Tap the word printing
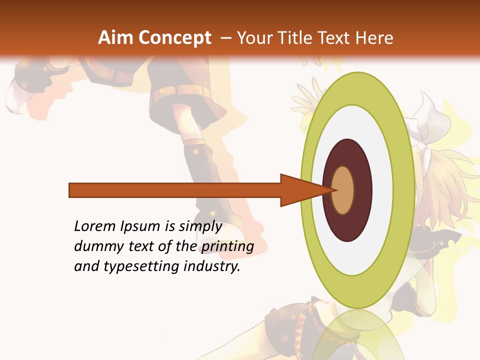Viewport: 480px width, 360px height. click(227, 246)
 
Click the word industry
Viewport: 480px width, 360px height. click(212, 266)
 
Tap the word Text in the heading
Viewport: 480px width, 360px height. click(335, 38)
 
